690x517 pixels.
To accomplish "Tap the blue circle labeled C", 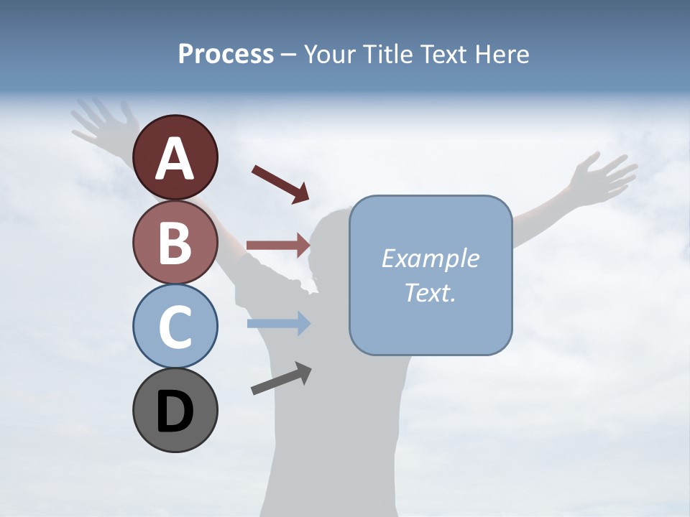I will pos(175,325).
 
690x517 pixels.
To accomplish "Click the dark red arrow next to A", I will pos(280,184).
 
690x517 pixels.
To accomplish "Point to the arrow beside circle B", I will pos(277,245).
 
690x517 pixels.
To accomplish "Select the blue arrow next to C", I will pos(277,323).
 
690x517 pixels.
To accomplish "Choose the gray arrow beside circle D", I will pos(281,378).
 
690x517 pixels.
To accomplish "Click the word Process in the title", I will pos(226,54).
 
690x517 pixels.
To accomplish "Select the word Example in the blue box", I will pos(430,258).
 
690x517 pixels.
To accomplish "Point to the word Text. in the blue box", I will pos(430,292).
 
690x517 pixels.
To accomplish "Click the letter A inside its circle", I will pos(175,159).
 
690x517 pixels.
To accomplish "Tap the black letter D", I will pos(175,411).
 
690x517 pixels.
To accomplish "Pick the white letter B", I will pos(175,243).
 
